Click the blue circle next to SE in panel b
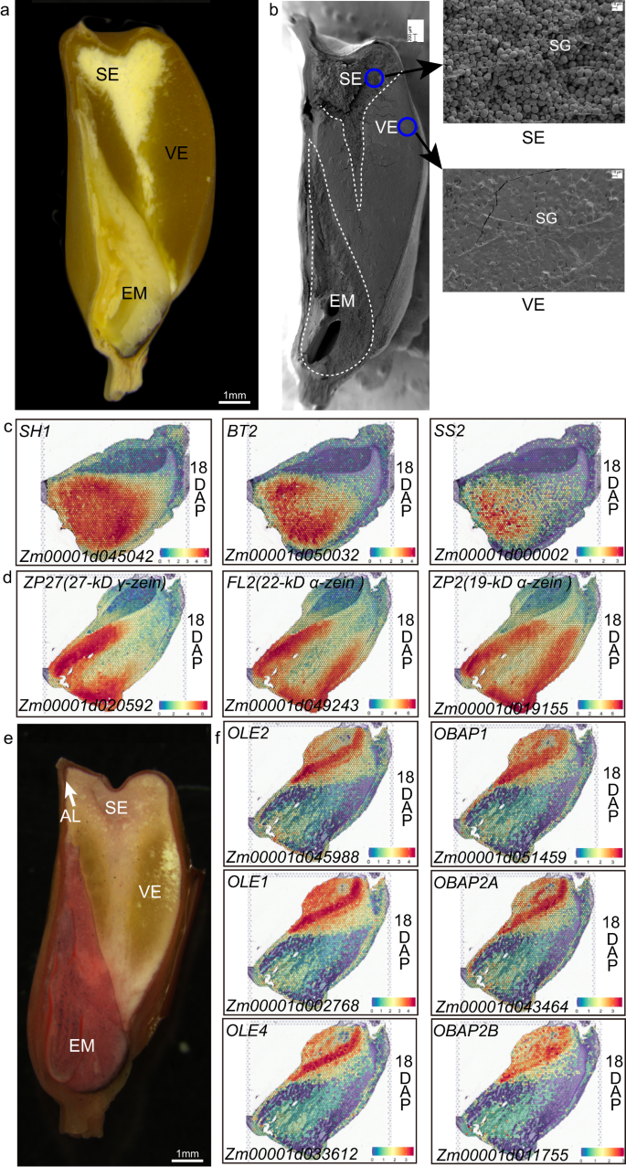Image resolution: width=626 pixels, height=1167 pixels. [375, 79]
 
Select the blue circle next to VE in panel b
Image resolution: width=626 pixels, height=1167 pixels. [408, 127]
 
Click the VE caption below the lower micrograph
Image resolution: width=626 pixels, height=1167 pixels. [532, 306]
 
